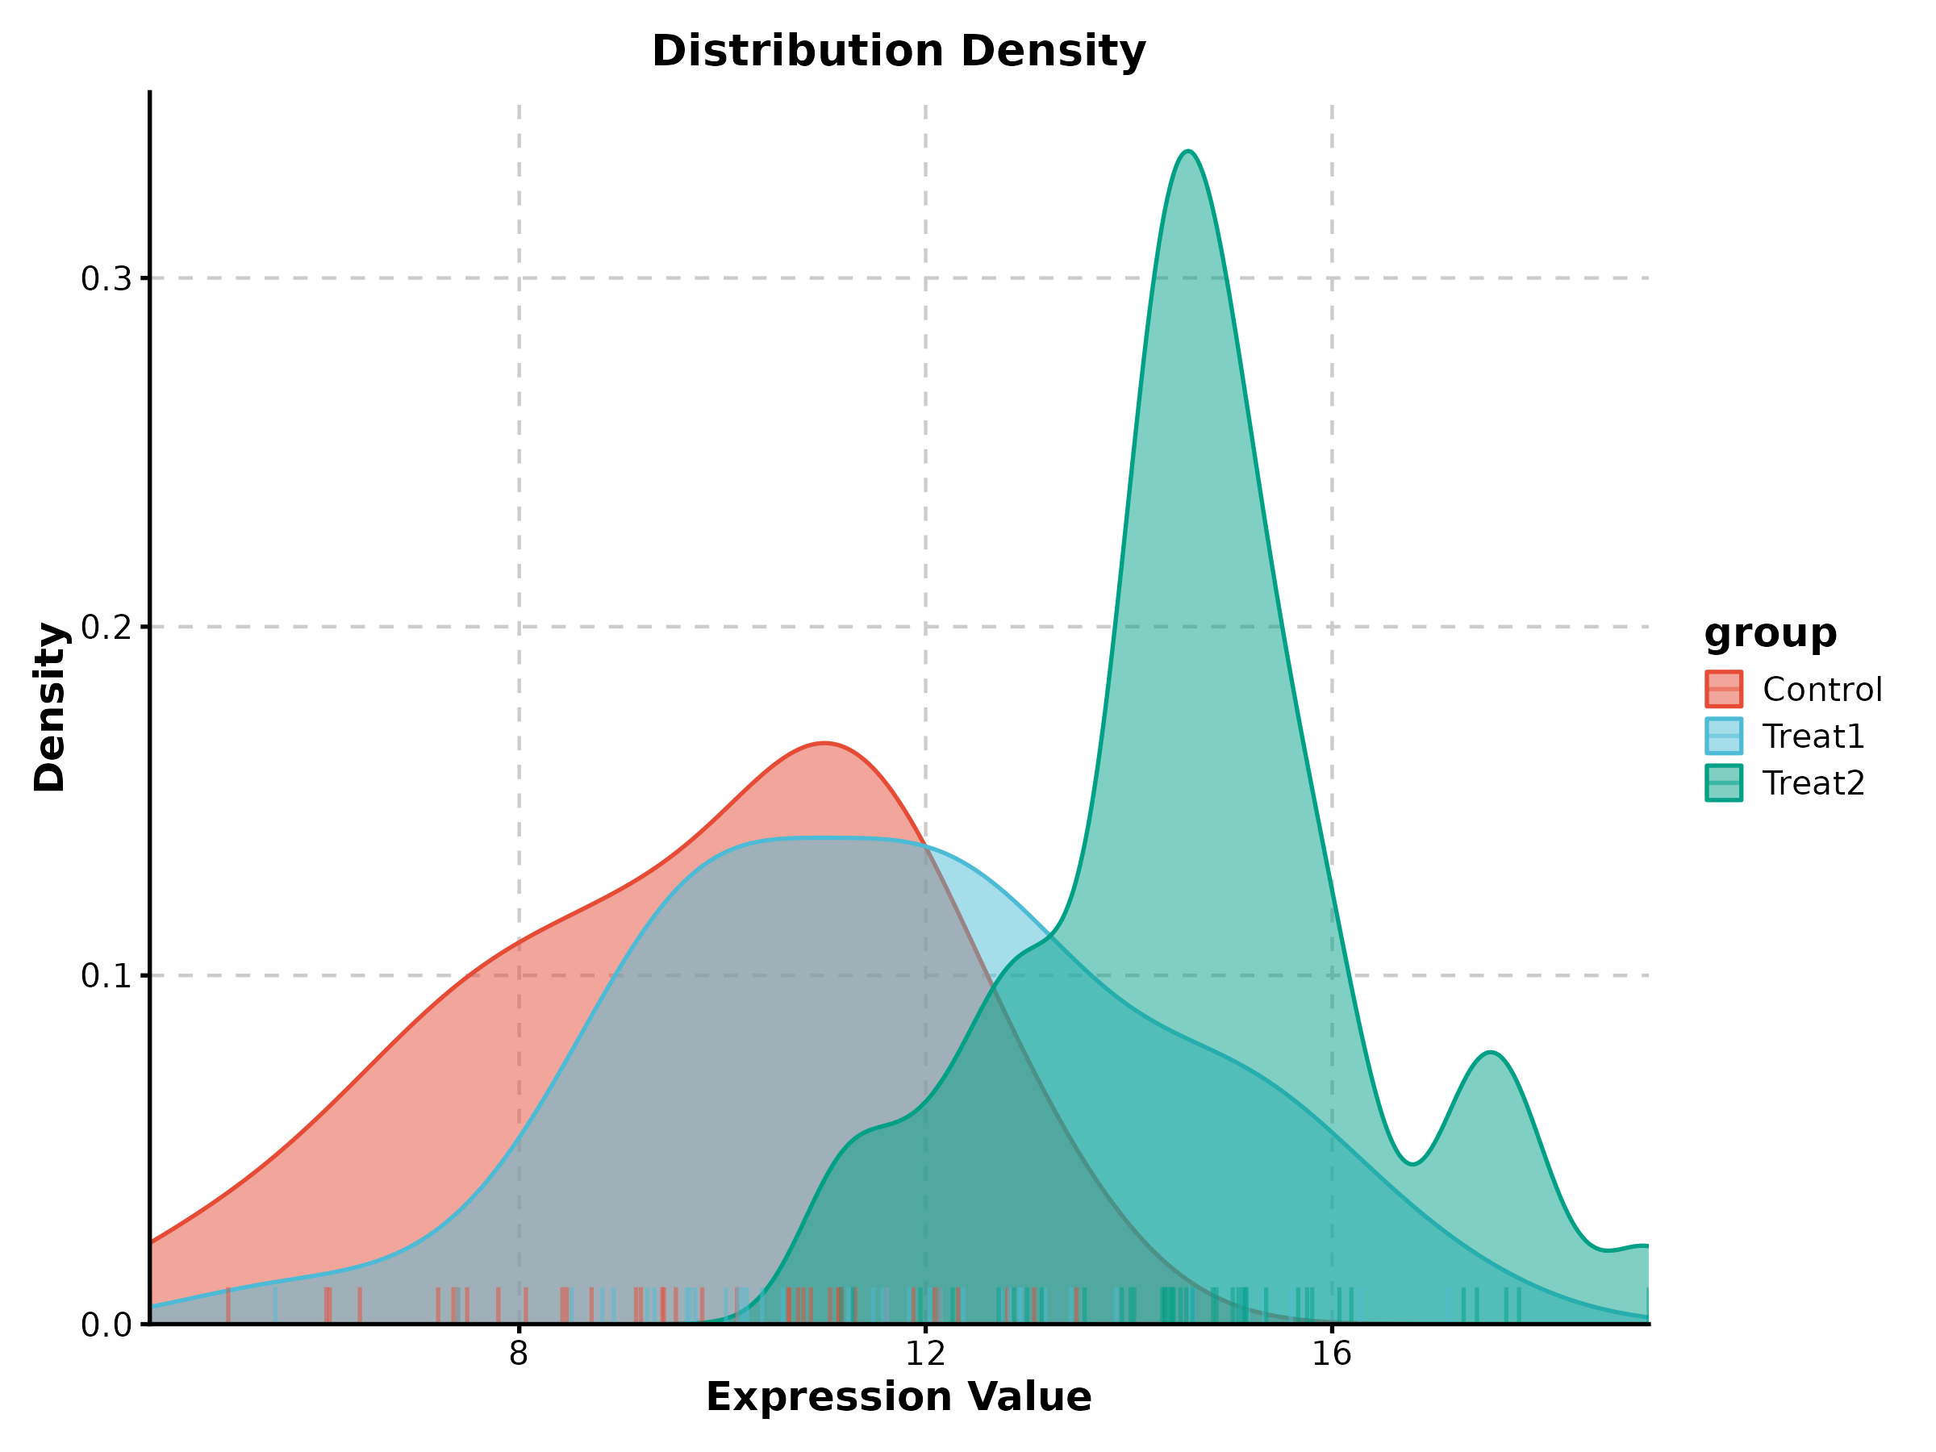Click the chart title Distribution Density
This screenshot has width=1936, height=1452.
tap(898, 51)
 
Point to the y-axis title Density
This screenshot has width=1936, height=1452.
tap(50, 707)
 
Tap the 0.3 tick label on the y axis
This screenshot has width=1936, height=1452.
tap(105, 279)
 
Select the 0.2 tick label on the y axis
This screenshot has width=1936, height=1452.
tap(105, 628)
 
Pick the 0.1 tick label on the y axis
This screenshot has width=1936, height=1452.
tap(105, 976)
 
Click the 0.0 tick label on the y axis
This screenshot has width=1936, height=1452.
tap(105, 1325)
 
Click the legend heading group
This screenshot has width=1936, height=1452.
tap(1770, 632)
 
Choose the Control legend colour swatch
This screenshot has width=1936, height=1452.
tap(1723, 689)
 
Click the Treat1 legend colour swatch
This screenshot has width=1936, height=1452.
tap(1723, 736)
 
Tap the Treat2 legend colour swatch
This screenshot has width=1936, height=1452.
tap(1723, 782)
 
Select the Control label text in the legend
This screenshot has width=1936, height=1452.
tap(1822, 690)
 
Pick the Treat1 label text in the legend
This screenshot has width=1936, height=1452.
tap(1813, 737)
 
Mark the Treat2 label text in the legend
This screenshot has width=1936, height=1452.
tap(1813, 783)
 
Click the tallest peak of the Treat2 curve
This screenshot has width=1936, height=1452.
tap(1187, 152)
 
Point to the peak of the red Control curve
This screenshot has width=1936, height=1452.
tap(824, 743)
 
